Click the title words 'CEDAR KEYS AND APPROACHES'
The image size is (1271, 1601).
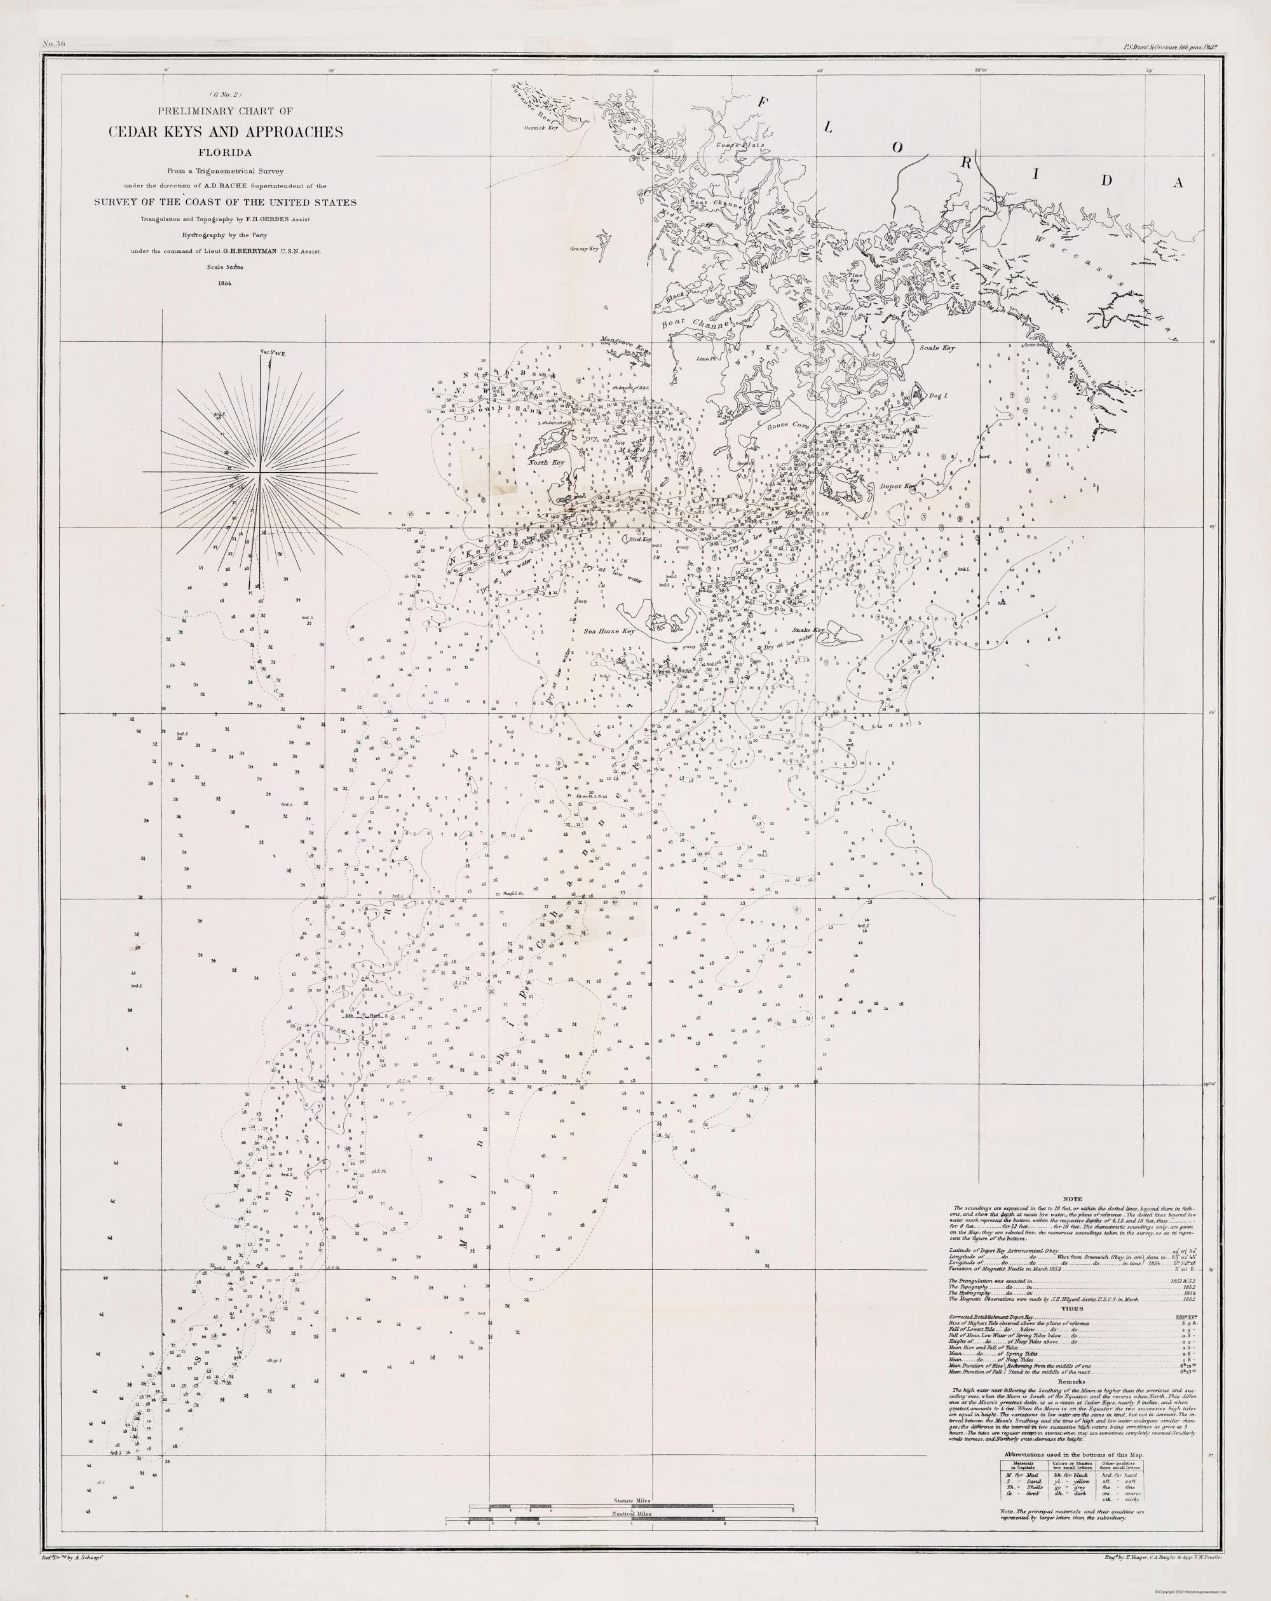pos(226,132)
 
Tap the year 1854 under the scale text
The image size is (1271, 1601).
pos(226,283)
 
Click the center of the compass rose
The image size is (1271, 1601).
pos(260,472)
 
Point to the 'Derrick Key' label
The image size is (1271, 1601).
pos(540,128)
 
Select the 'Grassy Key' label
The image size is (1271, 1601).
pos(584,250)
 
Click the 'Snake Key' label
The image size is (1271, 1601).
pos(808,630)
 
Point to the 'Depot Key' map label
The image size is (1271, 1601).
pos(900,486)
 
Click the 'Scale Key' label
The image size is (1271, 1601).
pos(937,348)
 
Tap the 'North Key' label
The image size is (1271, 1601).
pos(546,463)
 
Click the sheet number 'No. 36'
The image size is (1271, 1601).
pos(55,44)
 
